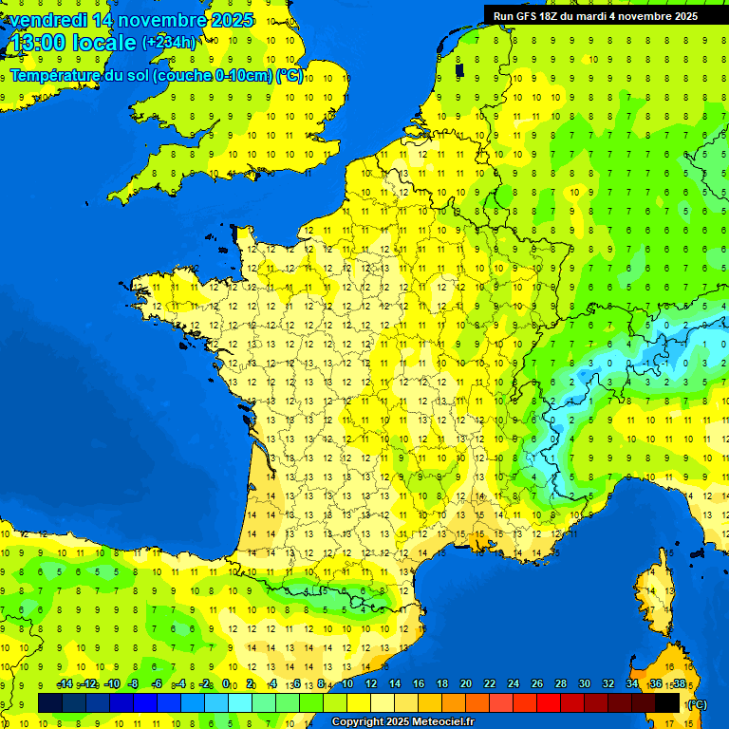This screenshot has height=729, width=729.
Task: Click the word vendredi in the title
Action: (x=48, y=20)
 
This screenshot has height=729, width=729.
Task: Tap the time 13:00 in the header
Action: (x=38, y=43)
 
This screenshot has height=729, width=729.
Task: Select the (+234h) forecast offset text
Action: (x=169, y=42)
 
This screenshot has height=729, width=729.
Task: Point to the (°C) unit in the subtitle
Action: (x=290, y=76)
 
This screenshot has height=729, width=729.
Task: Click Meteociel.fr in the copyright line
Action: (x=442, y=722)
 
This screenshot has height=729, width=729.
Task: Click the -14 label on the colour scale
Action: (x=65, y=684)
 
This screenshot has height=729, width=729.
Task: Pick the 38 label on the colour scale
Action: (x=679, y=684)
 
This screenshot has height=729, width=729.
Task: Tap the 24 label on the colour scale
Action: (x=513, y=684)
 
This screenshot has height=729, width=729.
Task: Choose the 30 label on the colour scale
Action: (x=584, y=684)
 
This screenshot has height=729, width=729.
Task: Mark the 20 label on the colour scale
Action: (x=465, y=684)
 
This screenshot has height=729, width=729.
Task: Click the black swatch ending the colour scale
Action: (x=667, y=702)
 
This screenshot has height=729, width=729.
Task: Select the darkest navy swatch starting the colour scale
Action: (x=50, y=702)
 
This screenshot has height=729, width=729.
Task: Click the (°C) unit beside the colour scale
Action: (x=697, y=704)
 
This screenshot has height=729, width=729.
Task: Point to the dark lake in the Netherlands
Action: (x=460, y=68)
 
